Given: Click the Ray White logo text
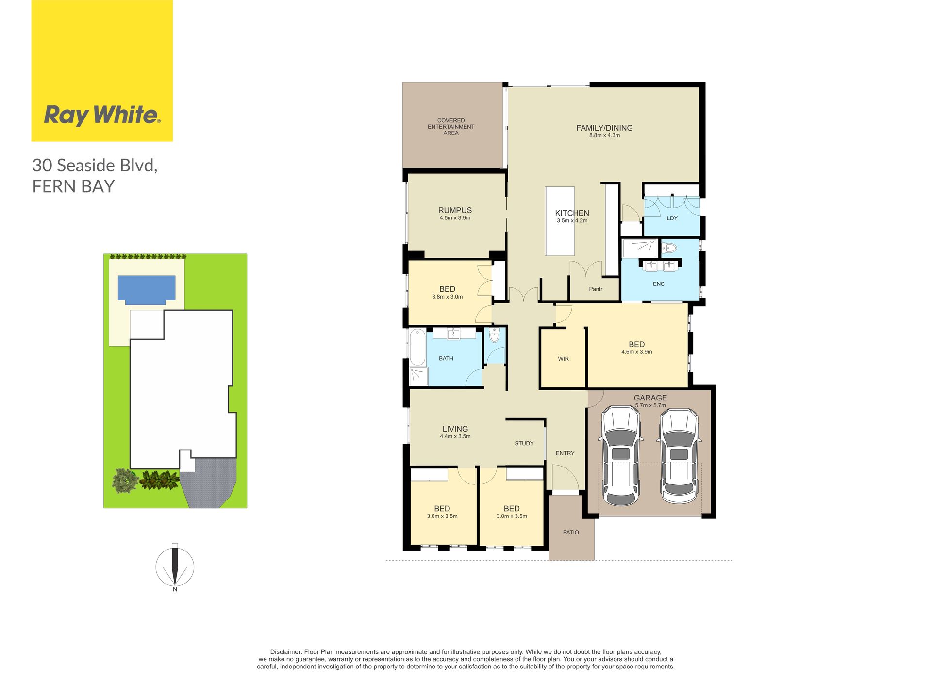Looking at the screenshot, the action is pyautogui.click(x=102, y=115).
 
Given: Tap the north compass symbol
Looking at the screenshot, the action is pyautogui.click(x=175, y=567).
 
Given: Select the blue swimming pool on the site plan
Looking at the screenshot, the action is pyautogui.click(x=147, y=290).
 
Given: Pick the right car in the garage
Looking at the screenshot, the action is pyautogui.click(x=679, y=456).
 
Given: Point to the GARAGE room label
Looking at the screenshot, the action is pyautogui.click(x=650, y=398).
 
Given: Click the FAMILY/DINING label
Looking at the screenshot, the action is pyautogui.click(x=604, y=128).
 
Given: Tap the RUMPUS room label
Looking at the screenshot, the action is pyautogui.click(x=455, y=210).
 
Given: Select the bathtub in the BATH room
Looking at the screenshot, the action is pyautogui.click(x=417, y=347).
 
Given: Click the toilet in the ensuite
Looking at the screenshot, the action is pyautogui.click(x=670, y=248).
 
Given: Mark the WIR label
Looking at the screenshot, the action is pyautogui.click(x=563, y=359).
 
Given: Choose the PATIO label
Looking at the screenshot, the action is pyautogui.click(x=571, y=532).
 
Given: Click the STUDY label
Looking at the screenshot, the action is pyautogui.click(x=524, y=443).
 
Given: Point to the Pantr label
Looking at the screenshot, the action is pyautogui.click(x=596, y=289).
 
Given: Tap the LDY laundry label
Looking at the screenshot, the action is pyautogui.click(x=672, y=218).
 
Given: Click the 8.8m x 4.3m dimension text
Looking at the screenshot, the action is pyautogui.click(x=604, y=135).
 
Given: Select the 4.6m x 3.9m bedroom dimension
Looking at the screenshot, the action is pyautogui.click(x=637, y=352).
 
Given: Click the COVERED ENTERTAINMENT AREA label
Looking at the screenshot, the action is pyautogui.click(x=451, y=127).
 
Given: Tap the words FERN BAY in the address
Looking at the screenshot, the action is pyautogui.click(x=73, y=186).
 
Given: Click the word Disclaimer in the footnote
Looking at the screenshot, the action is pyautogui.click(x=285, y=652).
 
